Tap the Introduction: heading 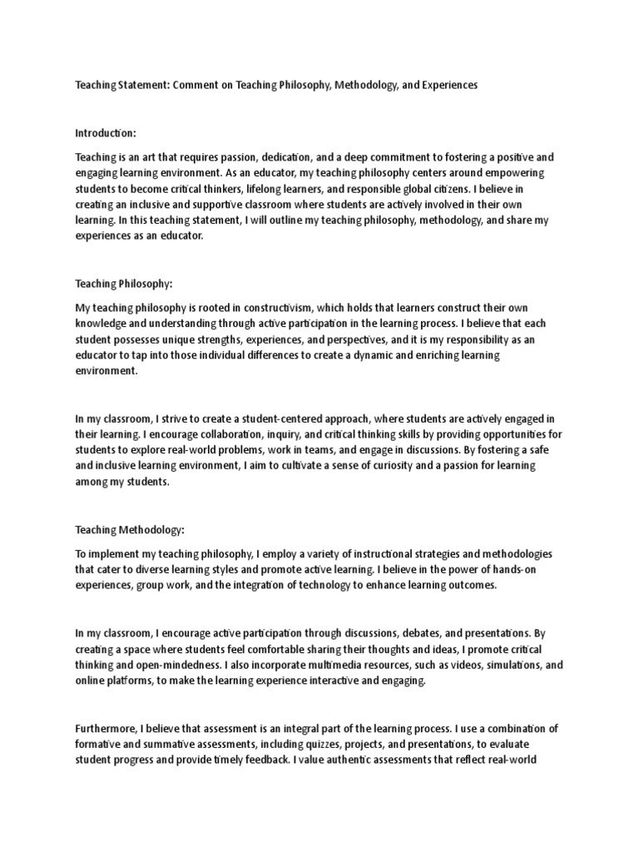(x=105, y=133)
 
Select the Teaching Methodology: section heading (x=130, y=529)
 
